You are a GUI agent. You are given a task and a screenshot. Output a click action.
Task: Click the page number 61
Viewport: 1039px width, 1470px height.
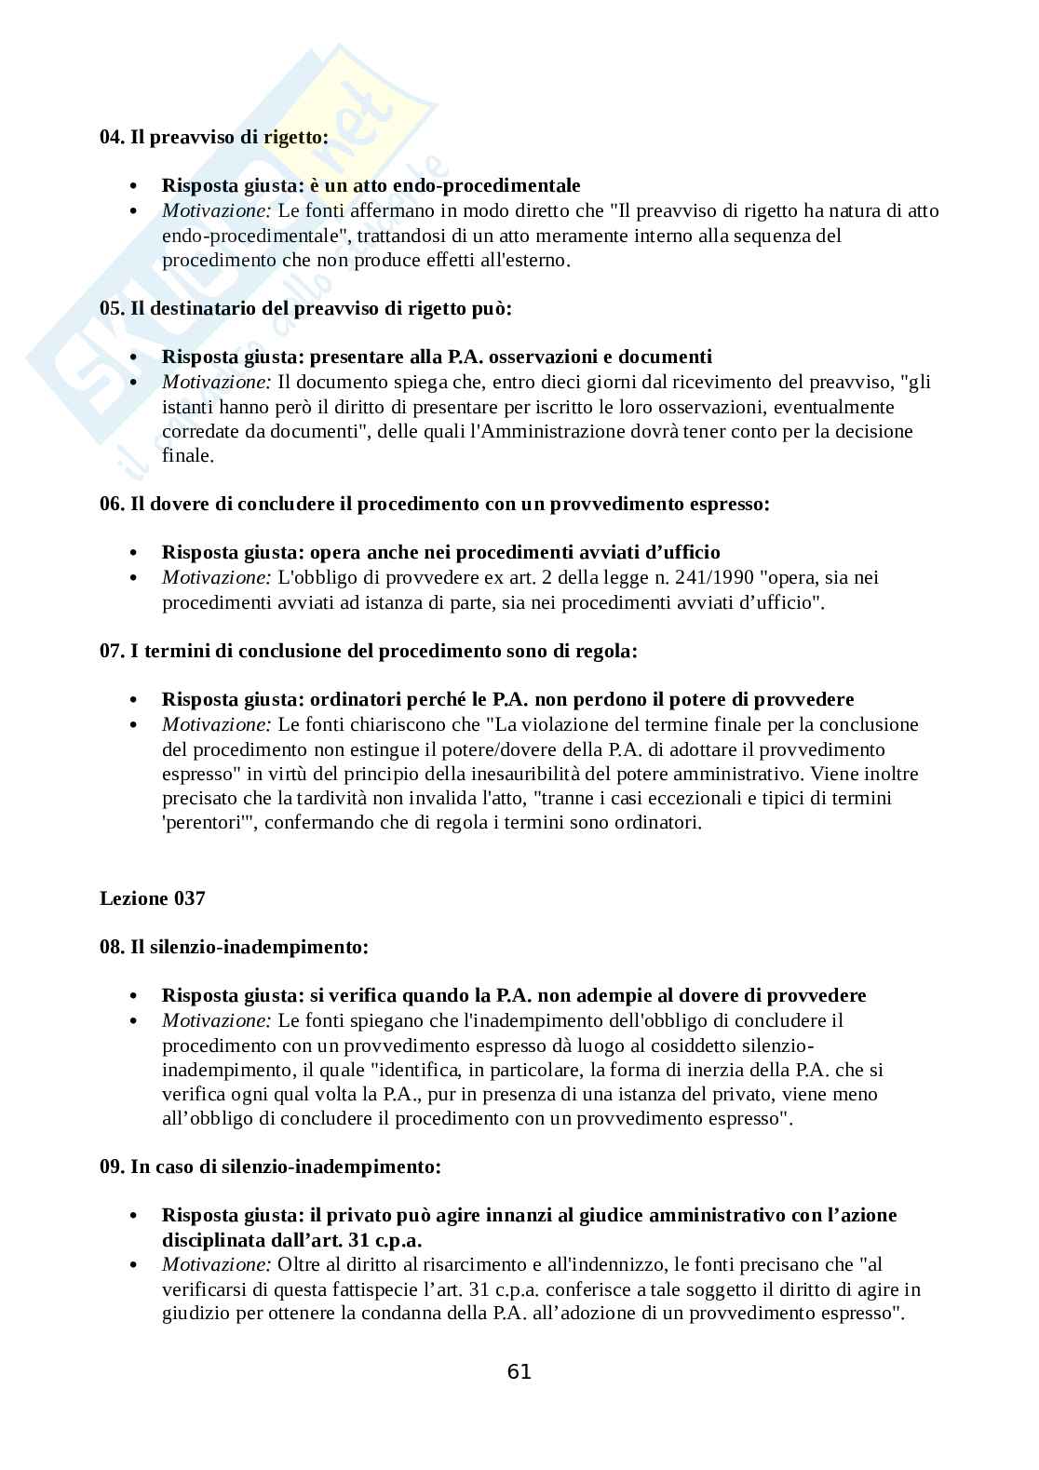pyautogui.click(x=519, y=1371)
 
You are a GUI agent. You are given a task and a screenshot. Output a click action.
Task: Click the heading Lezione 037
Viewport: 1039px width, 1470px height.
pyautogui.click(x=152, y=898)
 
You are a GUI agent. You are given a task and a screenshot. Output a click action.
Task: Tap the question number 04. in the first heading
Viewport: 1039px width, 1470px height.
pyautogui.click(x=112, y=136)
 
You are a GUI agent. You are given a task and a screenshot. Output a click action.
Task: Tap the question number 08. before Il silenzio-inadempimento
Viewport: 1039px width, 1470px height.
pyautogui.click(x=112, y=947)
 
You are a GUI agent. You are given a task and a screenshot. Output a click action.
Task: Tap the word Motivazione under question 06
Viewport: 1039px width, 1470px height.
pyautogui.click(x=216, y=577)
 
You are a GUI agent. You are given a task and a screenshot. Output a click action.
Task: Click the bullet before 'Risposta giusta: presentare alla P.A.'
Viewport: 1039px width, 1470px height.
pyautogui.click(x=135, y=357)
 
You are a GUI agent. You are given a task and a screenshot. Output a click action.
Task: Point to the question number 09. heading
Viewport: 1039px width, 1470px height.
pyautogui.click(x=112, y=1166)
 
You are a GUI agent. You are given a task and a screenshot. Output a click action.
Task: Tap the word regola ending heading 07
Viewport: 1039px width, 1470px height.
pyautogui.click(x=605, y=651)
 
